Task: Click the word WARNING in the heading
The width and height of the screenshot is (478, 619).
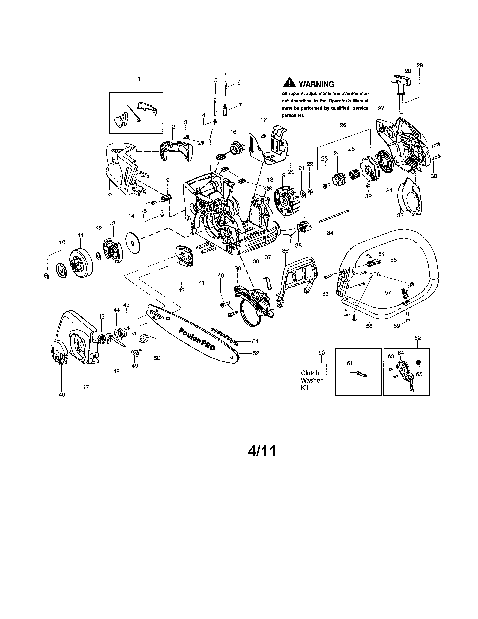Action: pyautogui.click(x=316, y=84)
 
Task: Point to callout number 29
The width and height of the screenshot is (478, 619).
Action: pyautogui.click(x=420, y=65)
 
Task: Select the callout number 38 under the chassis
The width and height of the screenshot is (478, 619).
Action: pyautogui.click(x=256, y=261)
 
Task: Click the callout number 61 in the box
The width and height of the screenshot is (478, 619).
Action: pyautogui.click(x=350, y=363)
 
